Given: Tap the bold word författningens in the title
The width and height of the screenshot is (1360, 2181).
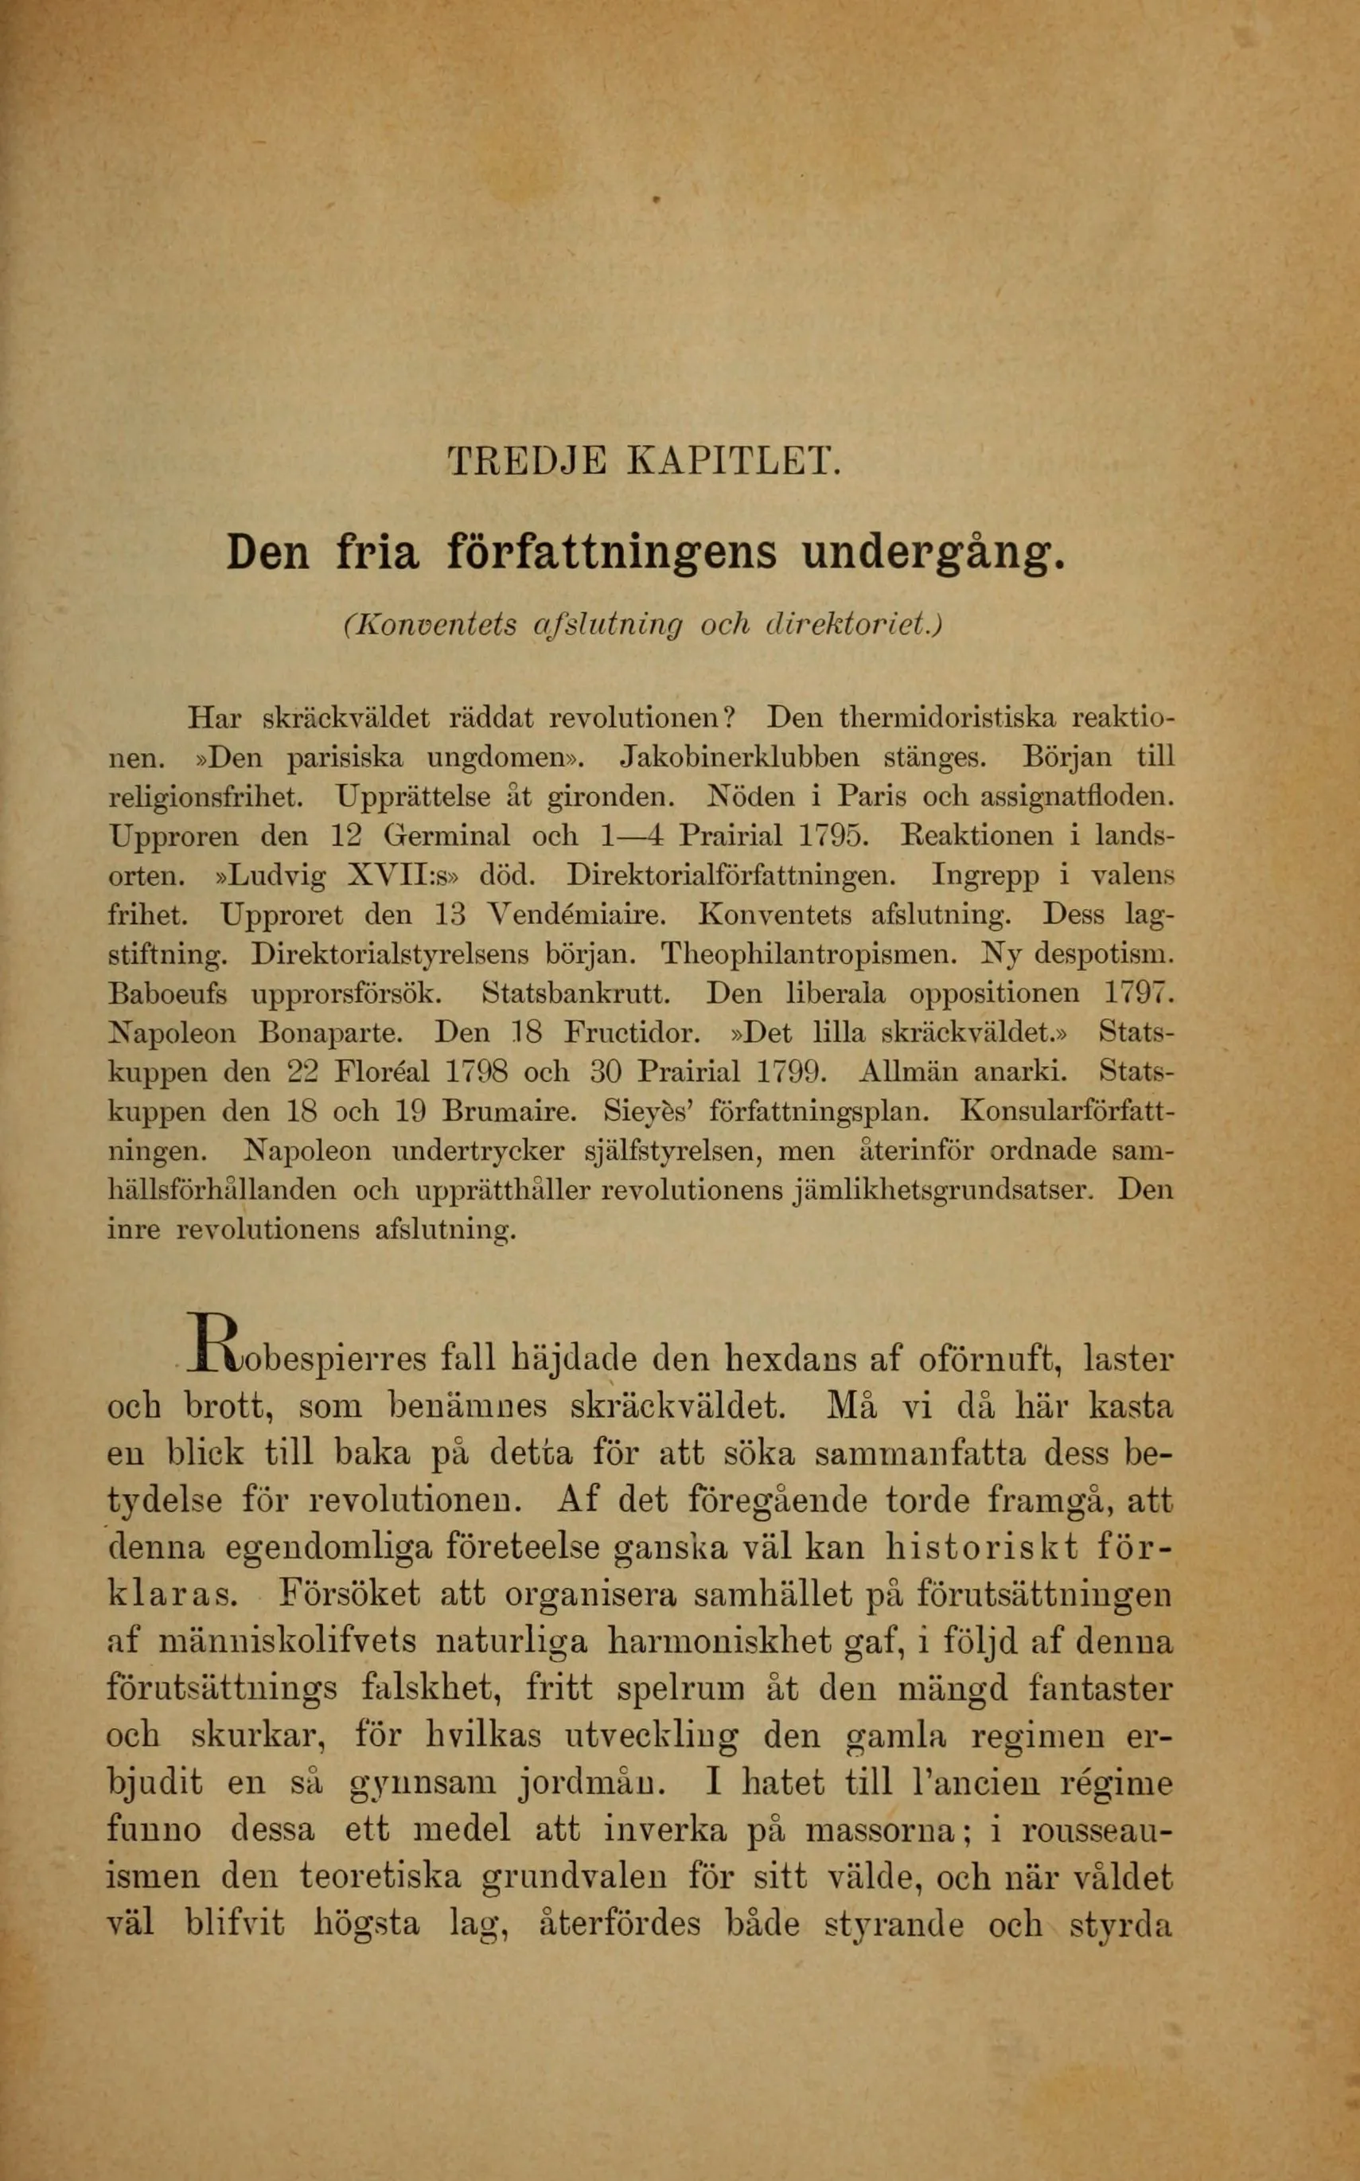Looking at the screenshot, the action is tap(612, 552).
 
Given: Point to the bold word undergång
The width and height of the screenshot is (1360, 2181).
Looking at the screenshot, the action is tap(933, 553).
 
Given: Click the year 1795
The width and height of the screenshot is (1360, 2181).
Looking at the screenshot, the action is tap(835, 836).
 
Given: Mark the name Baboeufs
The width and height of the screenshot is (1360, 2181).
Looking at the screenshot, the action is tap(167, 993).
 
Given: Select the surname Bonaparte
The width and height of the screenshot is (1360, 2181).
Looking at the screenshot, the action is tap(337, 1033).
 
